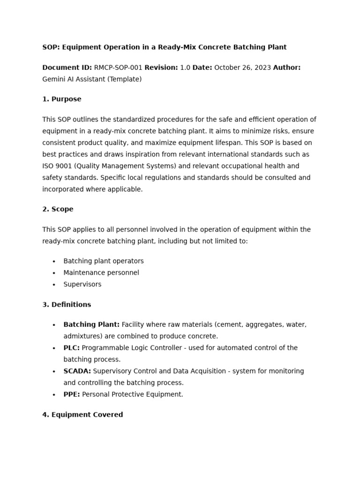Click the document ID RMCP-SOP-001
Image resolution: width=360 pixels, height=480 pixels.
coord(118,67)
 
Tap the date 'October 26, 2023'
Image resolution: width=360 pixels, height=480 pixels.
coord(242,67)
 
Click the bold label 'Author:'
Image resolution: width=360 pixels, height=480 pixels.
coord(286,67)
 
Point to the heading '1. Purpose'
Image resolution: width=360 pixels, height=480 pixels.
coord(62,99)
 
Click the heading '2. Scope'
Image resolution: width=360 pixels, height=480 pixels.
coord(58,209)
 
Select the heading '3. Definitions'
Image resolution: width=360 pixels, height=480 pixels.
coord(67,305)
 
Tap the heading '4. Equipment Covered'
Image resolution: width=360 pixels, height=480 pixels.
coord(82,415)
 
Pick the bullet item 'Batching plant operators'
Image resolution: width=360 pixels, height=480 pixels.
coord(104,261)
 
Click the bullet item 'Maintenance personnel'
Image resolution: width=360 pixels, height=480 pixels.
coord(101,273)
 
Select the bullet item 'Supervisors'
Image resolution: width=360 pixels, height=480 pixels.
coord(82,285)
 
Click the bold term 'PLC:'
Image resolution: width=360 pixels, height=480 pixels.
coord(72,348)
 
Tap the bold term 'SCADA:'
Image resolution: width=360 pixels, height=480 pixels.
coord(77,371)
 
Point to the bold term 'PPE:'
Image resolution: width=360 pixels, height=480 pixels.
coord(72,395)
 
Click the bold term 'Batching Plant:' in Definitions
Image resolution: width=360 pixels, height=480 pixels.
coord(91,324)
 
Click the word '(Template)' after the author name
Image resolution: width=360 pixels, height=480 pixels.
coord(124,79)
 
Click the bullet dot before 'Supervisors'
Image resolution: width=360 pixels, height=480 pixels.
coord(54,285)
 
